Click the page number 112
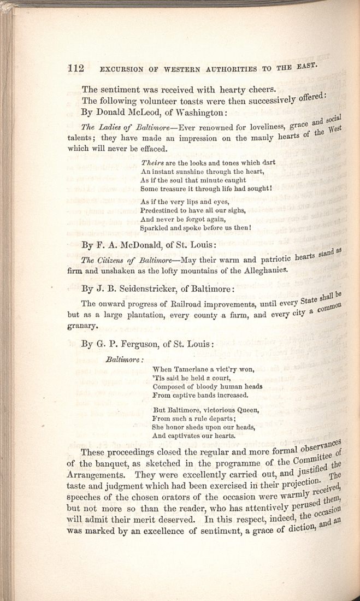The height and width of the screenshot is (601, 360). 75,69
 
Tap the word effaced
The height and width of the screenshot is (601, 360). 147,149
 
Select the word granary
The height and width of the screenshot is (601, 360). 82,327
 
